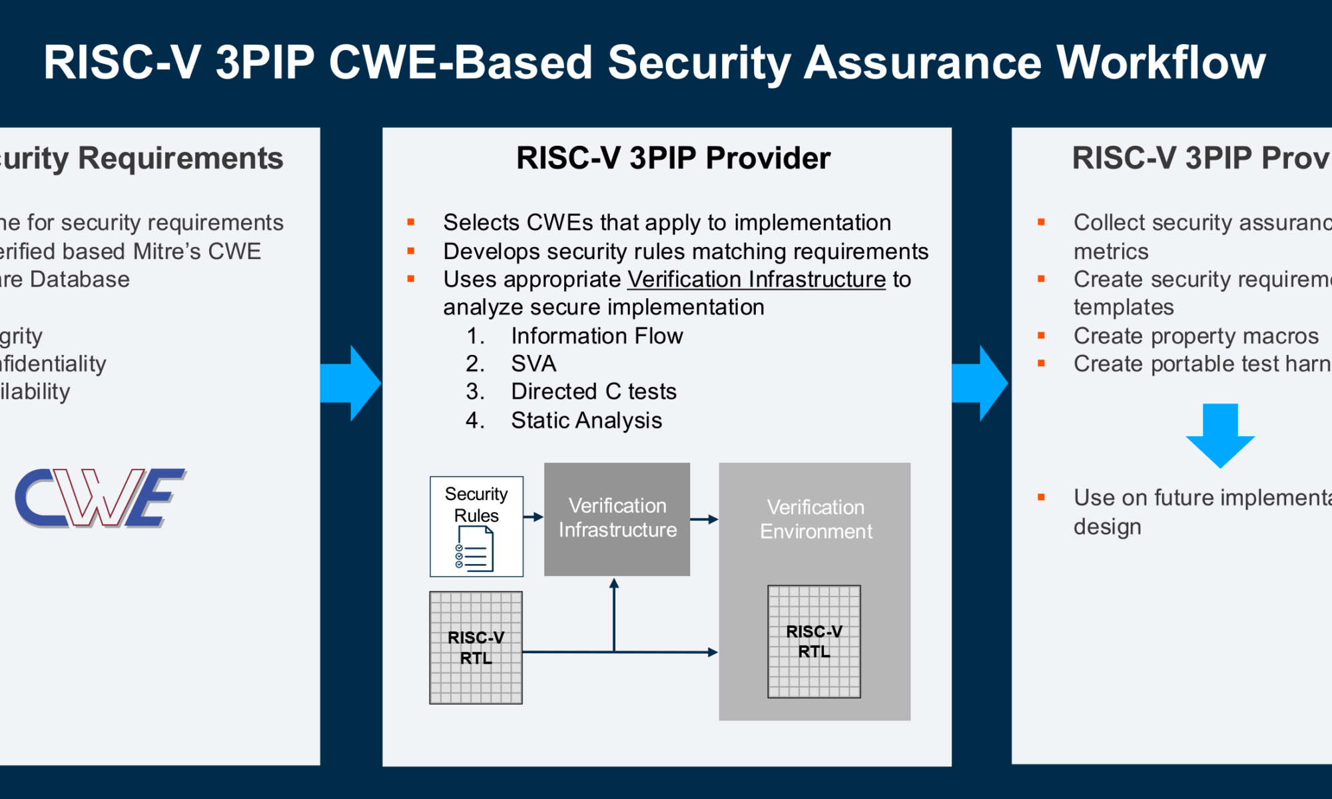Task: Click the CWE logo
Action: click(x=100, y=498)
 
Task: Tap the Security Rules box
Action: click(x=476, y=526)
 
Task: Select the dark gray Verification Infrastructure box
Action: click(x=617, y=519)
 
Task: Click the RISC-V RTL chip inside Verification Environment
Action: click(x=814, y=641)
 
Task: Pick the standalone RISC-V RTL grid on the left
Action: click(x=476, y=648)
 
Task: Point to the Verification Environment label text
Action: click(x=815, y=519)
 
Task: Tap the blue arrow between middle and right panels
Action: click(x=980, y=383)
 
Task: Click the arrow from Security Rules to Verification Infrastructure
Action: click(x=533, y=517)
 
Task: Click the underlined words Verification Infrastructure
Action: click(x=756, y=279)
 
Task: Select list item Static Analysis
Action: click(x=586, y=420)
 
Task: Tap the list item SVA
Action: click(x=533, y=364)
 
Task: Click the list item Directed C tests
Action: click(x=593, y=392)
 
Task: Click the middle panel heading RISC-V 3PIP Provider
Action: click(x=673, y=158)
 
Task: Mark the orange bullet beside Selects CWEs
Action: click(x=411, y=222)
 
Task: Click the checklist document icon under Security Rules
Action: click(x=475, y=549)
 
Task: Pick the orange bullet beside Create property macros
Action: click(x=1041, y=336)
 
